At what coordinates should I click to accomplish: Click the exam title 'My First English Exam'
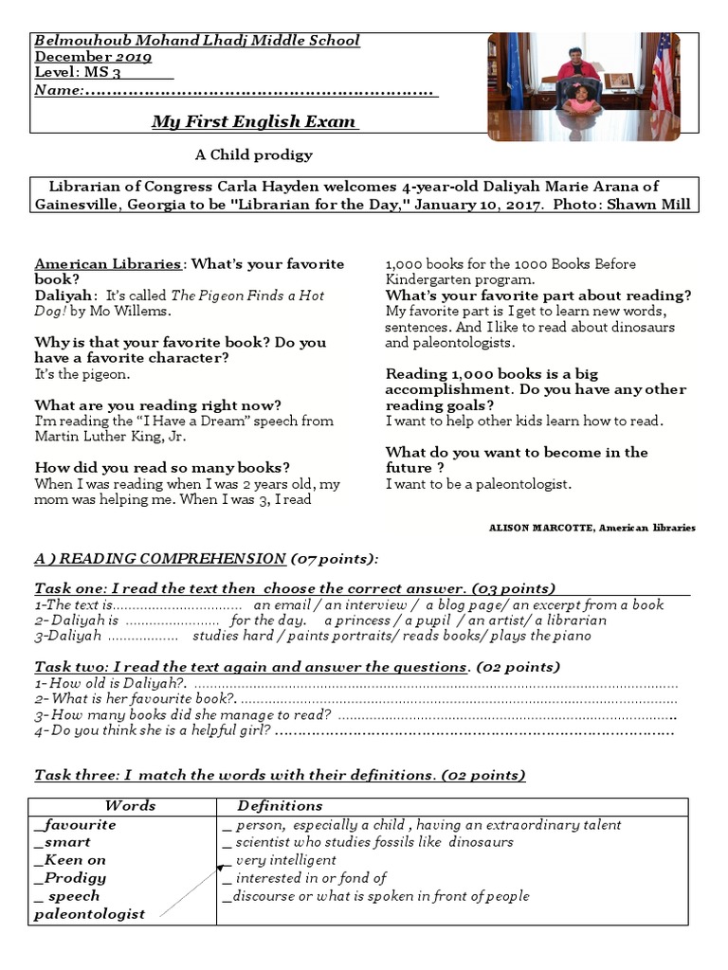point(254,121)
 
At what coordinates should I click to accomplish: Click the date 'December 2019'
point(92,56)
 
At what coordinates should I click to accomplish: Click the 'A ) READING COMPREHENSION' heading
point(160,558)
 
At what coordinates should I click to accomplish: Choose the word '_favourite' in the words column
point(75,824)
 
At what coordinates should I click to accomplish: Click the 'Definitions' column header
point(280,805)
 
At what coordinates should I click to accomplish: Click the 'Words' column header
point(130,805)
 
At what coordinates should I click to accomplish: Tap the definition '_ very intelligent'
point(279,860)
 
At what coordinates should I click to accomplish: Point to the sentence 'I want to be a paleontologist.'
point(479,484)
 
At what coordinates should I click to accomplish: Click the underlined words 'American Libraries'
point(107,264)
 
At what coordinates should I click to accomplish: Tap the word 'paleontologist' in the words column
point(90,913)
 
